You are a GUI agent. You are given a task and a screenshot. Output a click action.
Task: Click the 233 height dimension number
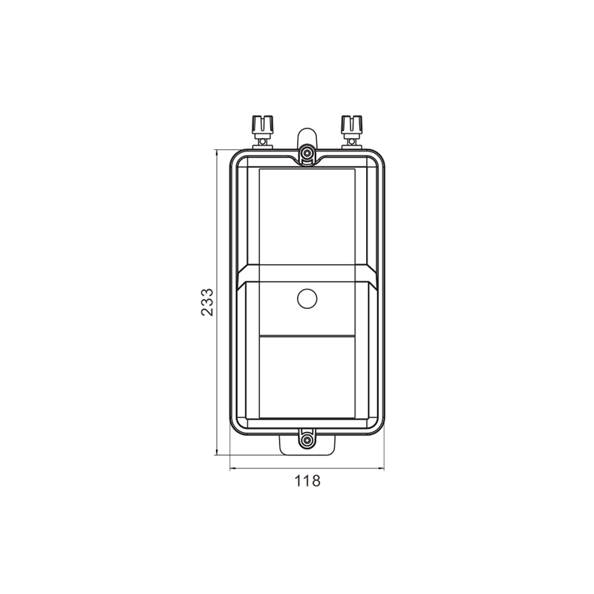click(208, 302)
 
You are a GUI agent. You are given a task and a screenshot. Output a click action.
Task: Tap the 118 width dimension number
click(307, 481)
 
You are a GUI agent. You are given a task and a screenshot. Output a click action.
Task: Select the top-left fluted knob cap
click(262, 123)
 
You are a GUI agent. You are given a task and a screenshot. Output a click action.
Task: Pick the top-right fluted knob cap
click(351, 123)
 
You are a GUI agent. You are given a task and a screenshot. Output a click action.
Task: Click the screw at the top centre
click(307, 153)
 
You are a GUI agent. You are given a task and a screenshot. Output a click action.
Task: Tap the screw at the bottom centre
click(307, 440)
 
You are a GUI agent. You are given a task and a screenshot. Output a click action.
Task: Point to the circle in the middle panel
click(307, 299)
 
